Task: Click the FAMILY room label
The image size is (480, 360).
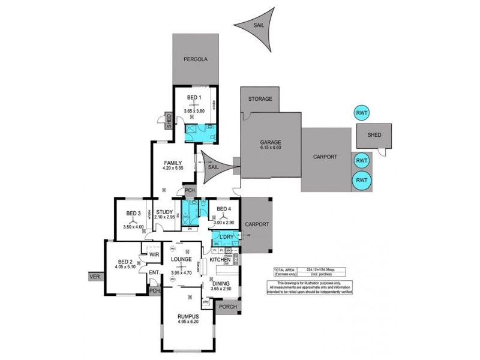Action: [x=173, y=163]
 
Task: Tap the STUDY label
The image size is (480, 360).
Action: [x=164, y=212]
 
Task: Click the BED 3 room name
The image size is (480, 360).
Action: [x=133, y=212]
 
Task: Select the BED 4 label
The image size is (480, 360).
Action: [x=223, y=209]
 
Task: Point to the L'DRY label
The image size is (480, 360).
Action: [x=226, y=238]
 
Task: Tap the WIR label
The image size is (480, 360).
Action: [x=154, y=254]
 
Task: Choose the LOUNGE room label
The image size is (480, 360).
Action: [x=181, y=259]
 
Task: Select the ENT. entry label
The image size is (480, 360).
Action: [x=154, y=273]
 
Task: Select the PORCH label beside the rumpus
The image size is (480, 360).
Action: [x=228, y=308]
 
